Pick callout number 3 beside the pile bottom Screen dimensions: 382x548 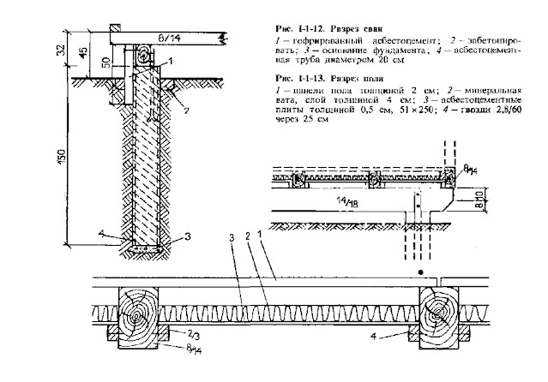[178, 236]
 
